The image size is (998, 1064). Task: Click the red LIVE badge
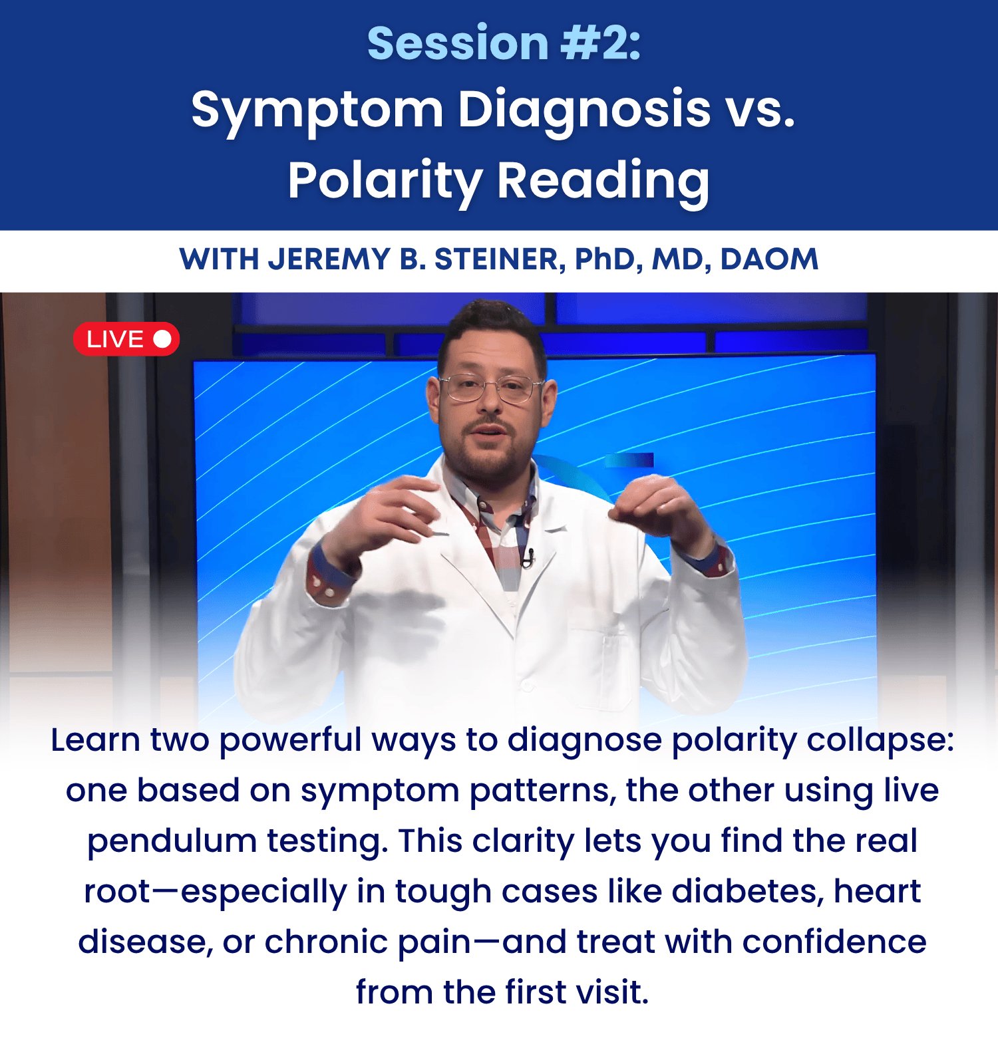[126, 339]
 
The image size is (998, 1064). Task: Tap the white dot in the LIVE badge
[162, 339]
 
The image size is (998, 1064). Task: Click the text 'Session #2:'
[504, 43]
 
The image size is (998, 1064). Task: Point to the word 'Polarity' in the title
[385, 182]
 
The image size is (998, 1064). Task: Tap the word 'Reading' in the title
[603, 182]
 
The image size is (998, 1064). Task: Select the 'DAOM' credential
[769, 259]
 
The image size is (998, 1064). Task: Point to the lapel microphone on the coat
[528, 558]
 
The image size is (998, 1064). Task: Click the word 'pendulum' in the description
[172, 841]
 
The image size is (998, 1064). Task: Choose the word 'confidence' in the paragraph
[834, 942]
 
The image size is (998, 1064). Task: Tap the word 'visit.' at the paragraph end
[612, 992]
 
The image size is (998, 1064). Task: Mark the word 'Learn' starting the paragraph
[95, 740]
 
